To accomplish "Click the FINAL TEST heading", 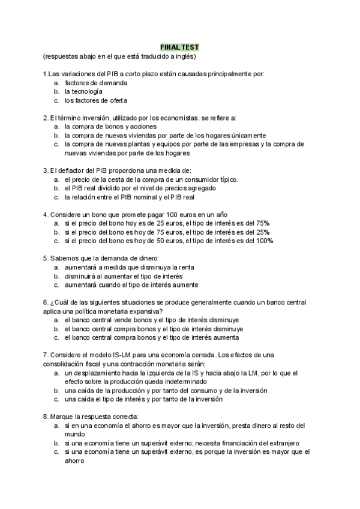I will (x=179, y=47).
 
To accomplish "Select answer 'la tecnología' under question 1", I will (x=83, y=91).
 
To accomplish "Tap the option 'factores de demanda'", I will (x=96, y=82).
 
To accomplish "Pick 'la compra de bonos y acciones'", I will (x=110, y=127).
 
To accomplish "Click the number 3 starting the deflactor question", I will (x=45, y=170).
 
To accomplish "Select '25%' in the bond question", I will (x=262, y=232).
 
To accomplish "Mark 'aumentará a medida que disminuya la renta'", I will (x=130, y=267).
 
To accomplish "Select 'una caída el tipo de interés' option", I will (x=144, y=399).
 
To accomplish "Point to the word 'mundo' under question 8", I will (x=74, y=434).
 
